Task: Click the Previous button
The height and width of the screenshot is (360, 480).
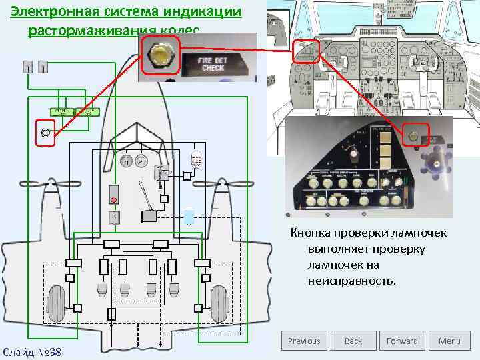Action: pos(304,341)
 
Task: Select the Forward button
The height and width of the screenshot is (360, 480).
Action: pos(402,341)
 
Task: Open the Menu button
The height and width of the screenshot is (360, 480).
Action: pos(449,341)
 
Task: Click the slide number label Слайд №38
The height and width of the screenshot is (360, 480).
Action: pos(33,351)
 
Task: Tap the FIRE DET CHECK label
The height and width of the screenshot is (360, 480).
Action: pos(213,65)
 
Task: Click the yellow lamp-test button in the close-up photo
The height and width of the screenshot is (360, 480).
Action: pos(160,57)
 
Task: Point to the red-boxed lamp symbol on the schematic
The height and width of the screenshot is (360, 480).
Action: pos(45,133)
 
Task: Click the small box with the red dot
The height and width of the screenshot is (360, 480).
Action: pos(114,199)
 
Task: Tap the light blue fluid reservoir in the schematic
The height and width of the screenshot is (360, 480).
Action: pos(189,216)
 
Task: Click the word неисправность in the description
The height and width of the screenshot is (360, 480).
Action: pos(351,281)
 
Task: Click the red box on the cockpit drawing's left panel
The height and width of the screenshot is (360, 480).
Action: pos(306,51)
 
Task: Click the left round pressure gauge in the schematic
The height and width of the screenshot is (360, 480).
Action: pos(125,161)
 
